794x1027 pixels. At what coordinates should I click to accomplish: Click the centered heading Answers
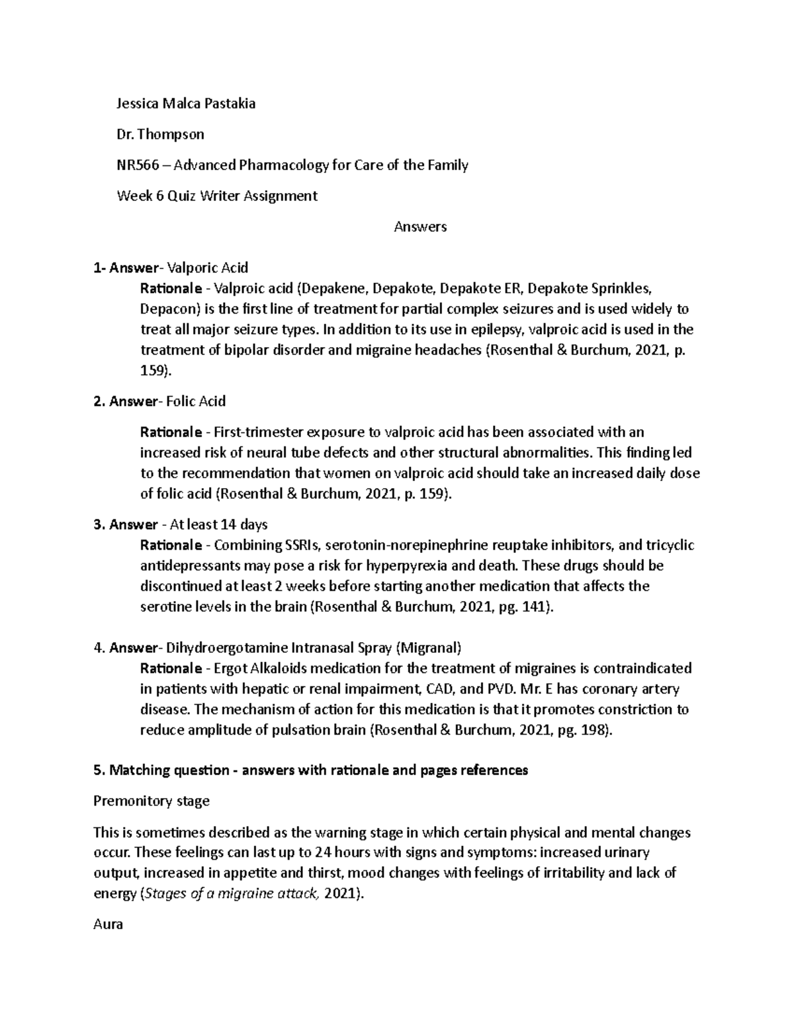click(420, 227)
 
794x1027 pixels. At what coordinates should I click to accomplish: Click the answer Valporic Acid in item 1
click(208, 268)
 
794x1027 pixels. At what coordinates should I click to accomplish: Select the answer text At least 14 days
click(218, 525)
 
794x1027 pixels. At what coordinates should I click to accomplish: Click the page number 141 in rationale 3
click(535, 607)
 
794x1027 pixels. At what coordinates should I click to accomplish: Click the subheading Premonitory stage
click(152, 801)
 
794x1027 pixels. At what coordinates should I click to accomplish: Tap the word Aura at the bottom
click(109, 924)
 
